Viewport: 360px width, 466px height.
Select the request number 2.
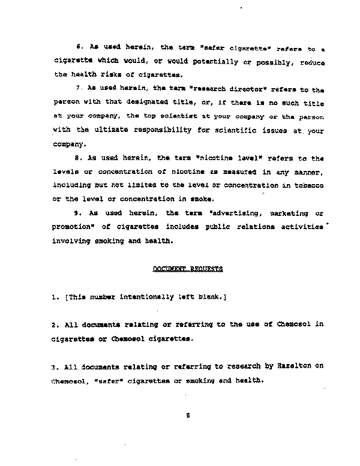(x=53, y=324)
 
